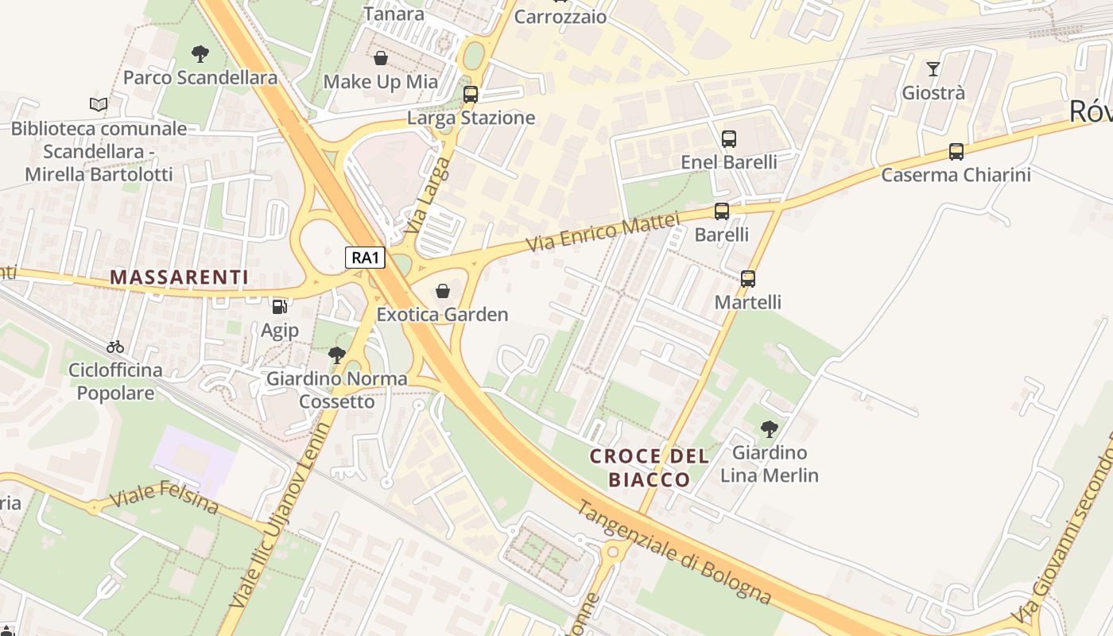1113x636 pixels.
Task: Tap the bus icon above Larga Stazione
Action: click(x=471, y=95)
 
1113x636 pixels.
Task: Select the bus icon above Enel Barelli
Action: click(x=729, y=139)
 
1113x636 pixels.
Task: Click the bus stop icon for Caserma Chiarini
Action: click(x=956, y=152)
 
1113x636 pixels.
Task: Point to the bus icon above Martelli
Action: click(x=748, y=279)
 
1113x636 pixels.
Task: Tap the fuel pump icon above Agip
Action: click(x=280, y=307)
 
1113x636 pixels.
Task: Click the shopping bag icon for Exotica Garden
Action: click(x=443, y=292)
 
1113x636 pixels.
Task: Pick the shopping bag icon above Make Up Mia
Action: click(x=381, y=58)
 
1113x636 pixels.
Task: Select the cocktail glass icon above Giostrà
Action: click(x=933, y=69)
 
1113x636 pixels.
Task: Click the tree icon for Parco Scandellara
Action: click(x=200, y=54)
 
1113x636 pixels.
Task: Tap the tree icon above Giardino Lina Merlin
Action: click(x=769, y=429)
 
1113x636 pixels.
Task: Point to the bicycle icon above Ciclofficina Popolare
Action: click(x=115, y=347)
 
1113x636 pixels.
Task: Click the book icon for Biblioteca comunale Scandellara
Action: click(x=99, y=104)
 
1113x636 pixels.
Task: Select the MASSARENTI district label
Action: click(x=179, y=277)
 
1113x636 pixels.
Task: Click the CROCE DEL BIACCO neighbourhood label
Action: click(x=650, y=467)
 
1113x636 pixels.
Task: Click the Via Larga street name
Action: click(x=427, y=195)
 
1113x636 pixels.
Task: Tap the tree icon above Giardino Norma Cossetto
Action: click(x=337, y=355)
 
